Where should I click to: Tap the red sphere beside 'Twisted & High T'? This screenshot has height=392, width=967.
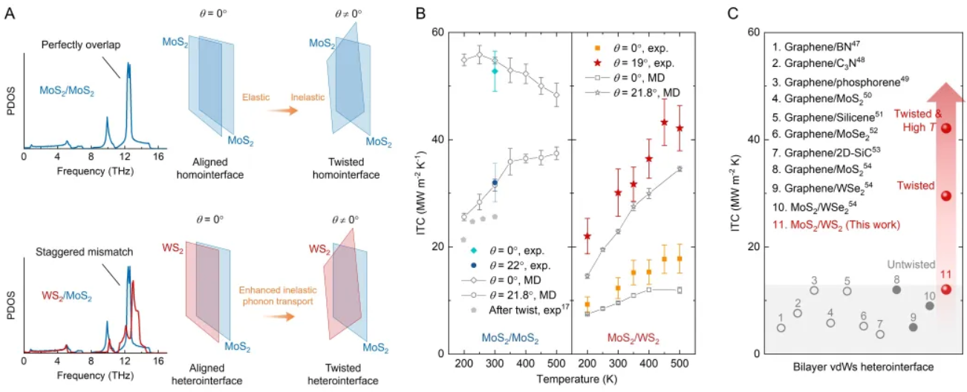pyautogui.click(x=945, y=128)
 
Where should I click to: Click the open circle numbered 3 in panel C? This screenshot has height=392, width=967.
pyautogui.click(x=814, y=290)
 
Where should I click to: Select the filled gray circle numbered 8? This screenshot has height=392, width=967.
pyautogui.click(x=896, y=290)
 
